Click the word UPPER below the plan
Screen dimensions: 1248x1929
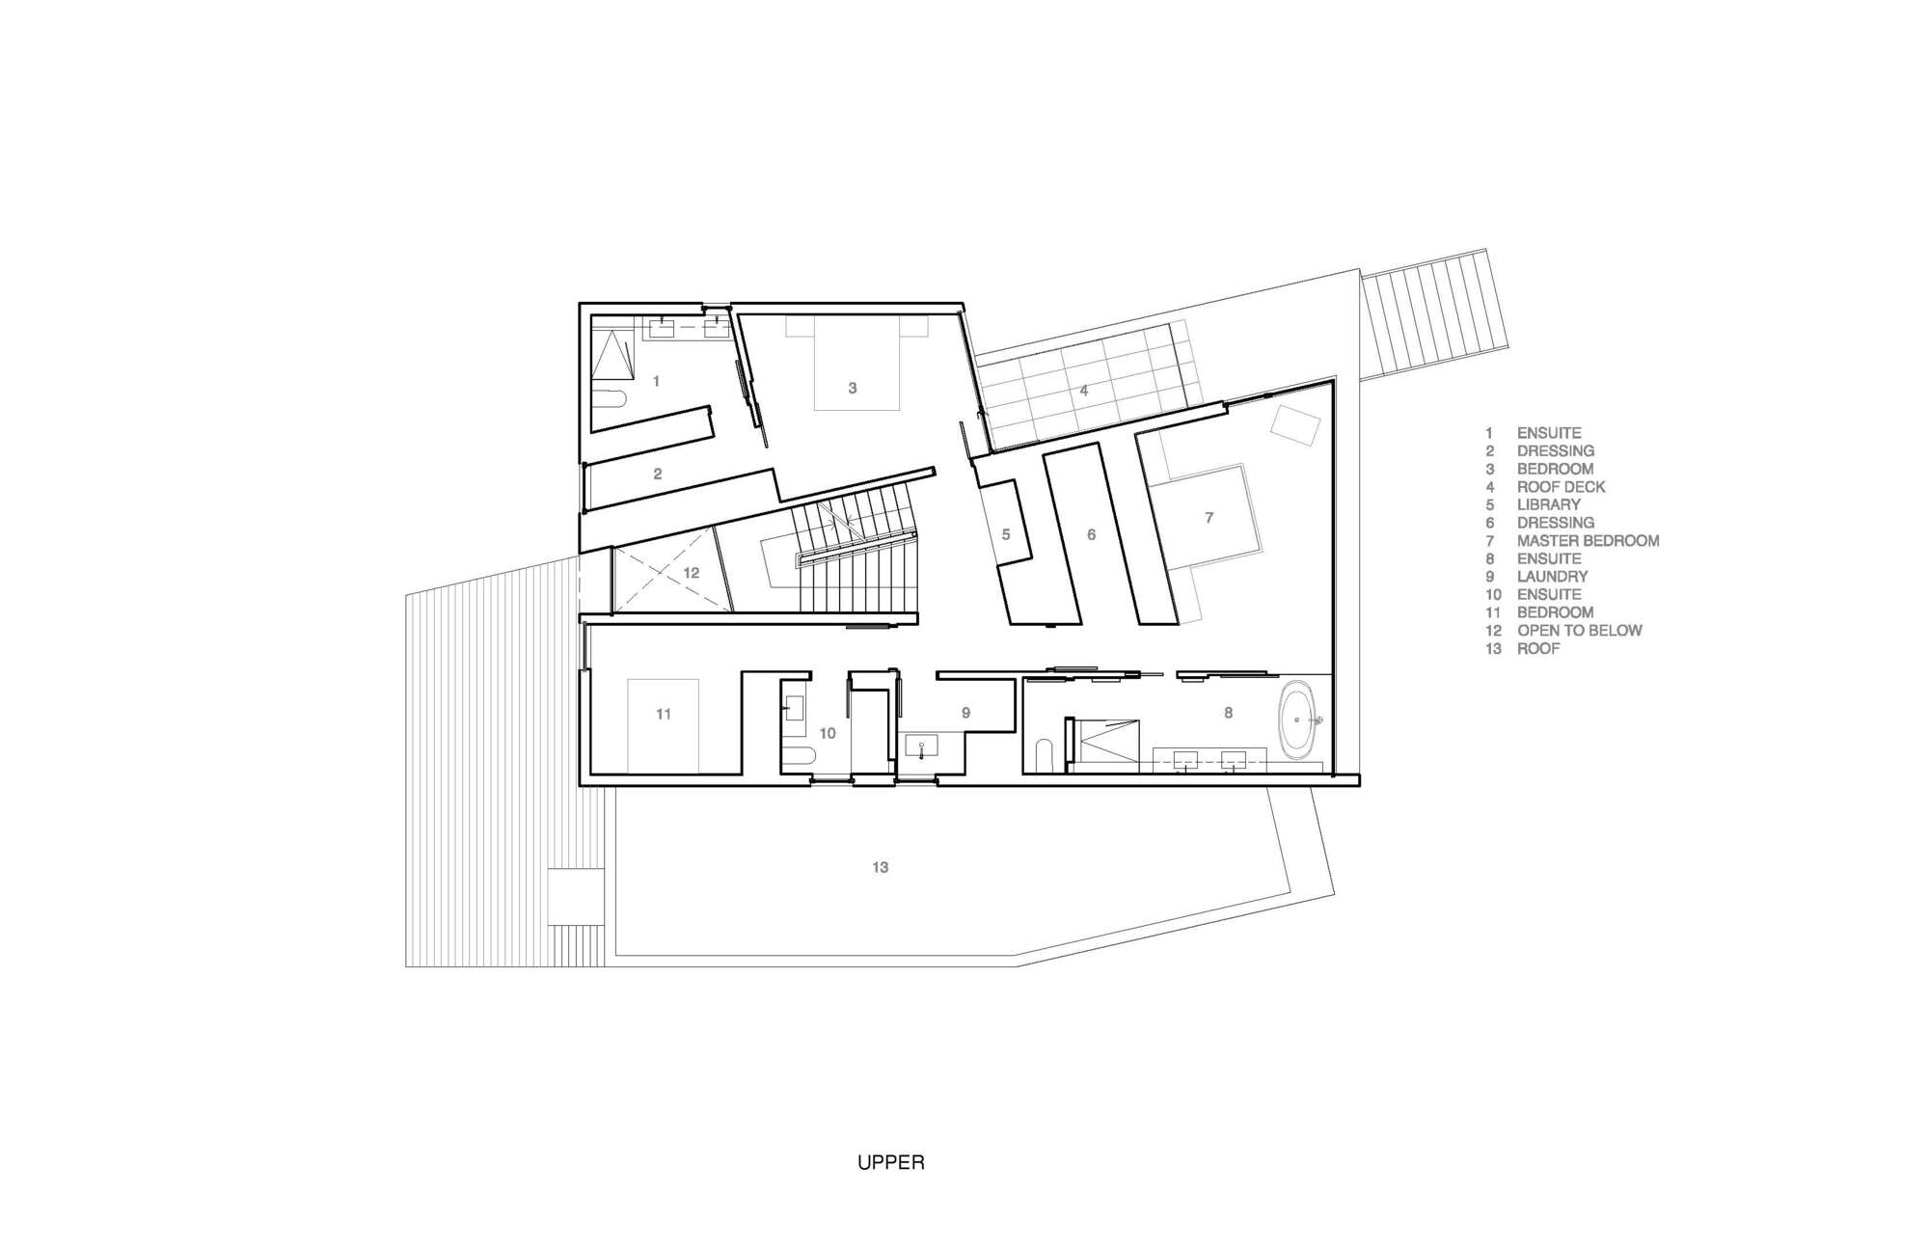tap(890, 1162)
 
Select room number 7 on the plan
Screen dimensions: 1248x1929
tap(1209, 518)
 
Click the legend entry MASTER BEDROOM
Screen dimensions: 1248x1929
tap(1588, 540)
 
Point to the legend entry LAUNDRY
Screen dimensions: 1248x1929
tap(1552, 576)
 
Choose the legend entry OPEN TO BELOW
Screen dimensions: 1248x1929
tap(1579, 630)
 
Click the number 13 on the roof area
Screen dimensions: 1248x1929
tap(880, 867)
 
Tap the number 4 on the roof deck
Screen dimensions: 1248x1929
tap(1084, 391)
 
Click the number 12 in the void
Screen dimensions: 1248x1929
tap(691, 573)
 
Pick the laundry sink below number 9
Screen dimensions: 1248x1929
tap(921, 746)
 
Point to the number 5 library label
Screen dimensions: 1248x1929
tap(1005, 533)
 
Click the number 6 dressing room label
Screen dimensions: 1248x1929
tap(1091, 533)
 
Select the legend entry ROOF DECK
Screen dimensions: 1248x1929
tap(1561, 487)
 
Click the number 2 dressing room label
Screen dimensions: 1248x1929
tap(658, 474)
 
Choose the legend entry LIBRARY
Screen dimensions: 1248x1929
tap(1548, 504)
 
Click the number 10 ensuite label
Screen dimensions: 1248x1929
tap(828, 733)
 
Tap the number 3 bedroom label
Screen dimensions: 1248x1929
tap(852, 388)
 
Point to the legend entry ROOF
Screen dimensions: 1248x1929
tap(1537, 648)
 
